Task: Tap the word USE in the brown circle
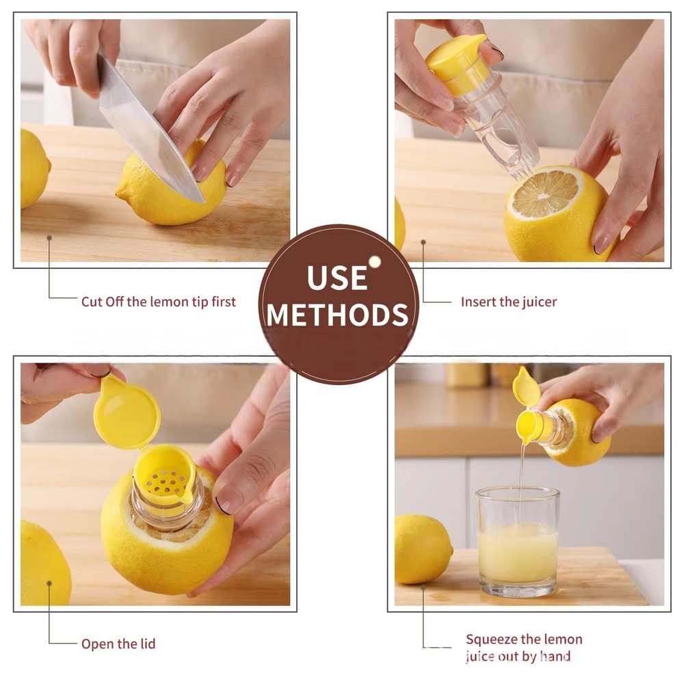click(x=337, y=278)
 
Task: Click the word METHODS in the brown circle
click(x=338, y=315)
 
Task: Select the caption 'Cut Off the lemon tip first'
click(x=158, y=302)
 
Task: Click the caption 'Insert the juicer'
click(x=508, y=302)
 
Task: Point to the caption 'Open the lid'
click(x=118, y=644)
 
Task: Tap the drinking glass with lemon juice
click(x=518, y=540)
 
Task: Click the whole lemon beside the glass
click(x=422, y=548)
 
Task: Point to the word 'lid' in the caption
click(x=146, y=644)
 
